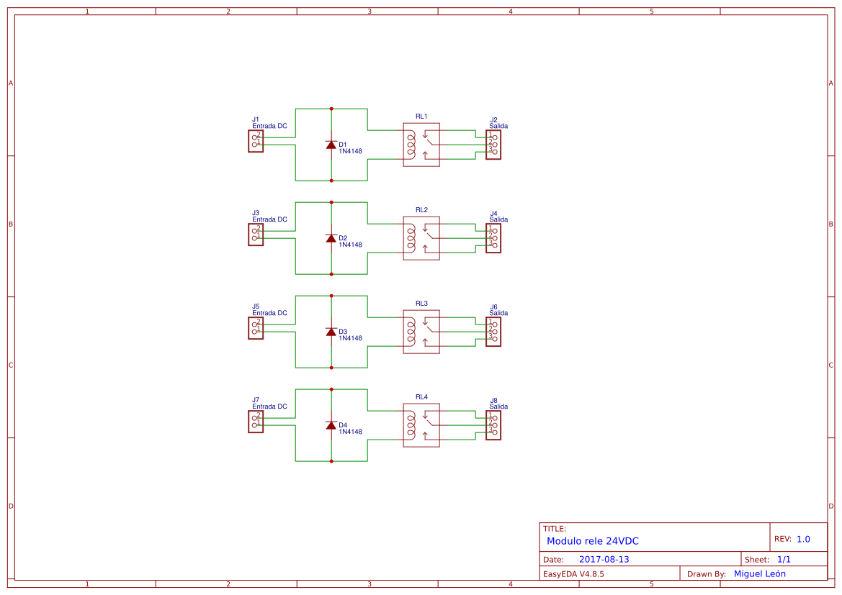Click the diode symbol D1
(x=331, y=145)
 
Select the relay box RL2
(x=421, y=238)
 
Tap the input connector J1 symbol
(x=256, y=141)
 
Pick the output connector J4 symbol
(x=493, y=238)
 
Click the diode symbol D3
(x=331, y=332)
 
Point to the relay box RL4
(x=421, y=425)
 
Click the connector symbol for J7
(x=256, y=422)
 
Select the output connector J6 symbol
(x=493, y=332)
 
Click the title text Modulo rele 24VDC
(x=592, y=541)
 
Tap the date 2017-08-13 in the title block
(x=604, y=560)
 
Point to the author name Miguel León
(x=759, y=574)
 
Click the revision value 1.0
(x=803, y=539)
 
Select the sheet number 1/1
(x=784, y=560)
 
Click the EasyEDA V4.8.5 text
(x=573, y=574)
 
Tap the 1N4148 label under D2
(x=350, y=245)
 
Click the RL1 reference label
(x=421, y=117)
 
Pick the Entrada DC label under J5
(x=269, y=313)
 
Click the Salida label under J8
(x=498, y=406)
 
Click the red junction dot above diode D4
(x=331, y=389)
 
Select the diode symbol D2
(x=331, y=238)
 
